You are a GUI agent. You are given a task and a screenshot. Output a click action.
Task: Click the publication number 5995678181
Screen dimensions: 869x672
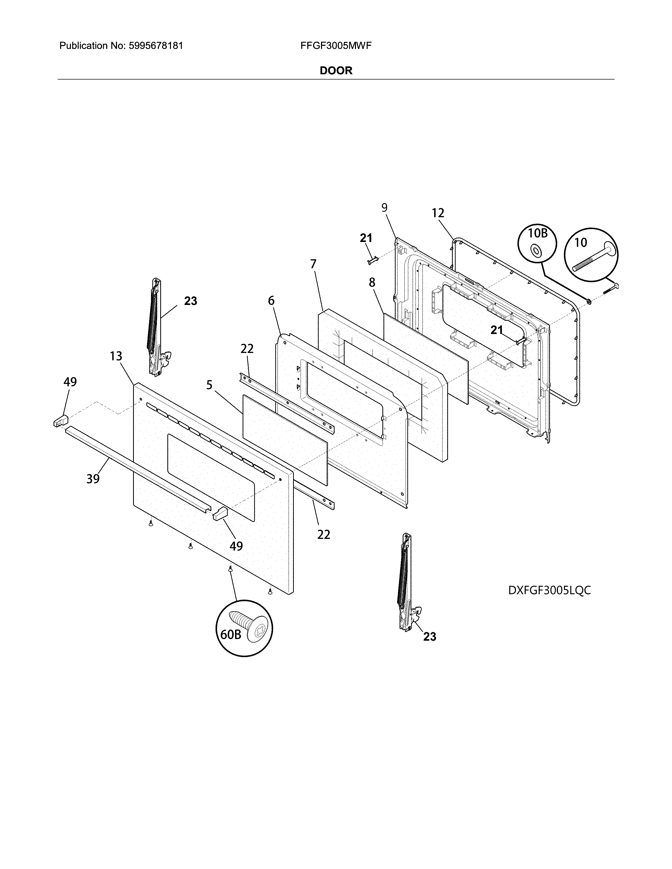pyautogui.click(x=156, y=46)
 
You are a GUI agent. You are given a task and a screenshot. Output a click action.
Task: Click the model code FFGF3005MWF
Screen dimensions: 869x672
pyautogui.click(x=336, y=46)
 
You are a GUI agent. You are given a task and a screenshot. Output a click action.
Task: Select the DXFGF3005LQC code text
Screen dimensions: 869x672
pyautogui.click(x=549, y=590)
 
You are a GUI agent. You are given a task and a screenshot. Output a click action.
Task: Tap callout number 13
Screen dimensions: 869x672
pyautogui.click(x=116, y=356)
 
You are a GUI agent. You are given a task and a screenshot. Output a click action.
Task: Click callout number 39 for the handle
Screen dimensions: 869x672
pyautogui.click(x=93, y=479)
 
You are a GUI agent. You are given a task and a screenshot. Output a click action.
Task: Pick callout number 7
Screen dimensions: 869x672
pyautogui.click(x=313, y=264)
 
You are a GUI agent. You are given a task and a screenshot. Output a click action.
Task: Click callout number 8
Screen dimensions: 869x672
pyautogui.click(x=372, y=283)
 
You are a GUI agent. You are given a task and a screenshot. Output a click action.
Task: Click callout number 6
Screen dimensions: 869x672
pyautogui.click(x=271, y=300)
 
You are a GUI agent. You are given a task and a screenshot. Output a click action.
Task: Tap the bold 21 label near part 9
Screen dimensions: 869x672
pyautogui.click(x=366, y=238)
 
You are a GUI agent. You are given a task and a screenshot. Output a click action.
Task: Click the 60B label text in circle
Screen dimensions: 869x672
pyautogui.click(x=231, y=634)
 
